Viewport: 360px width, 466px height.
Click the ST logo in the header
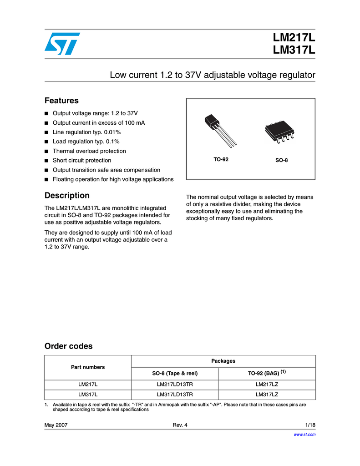pos(62,44)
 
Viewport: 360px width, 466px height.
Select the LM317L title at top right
pos(294,51)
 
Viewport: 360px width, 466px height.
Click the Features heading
pos(61,101)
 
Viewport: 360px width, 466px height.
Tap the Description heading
pos(67,196)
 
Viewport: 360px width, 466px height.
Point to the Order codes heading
pos(68,346)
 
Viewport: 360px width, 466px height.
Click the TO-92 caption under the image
pos(221,160)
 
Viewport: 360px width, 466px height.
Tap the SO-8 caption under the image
pos(281,161)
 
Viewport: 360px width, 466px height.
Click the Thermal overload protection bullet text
pos(89,151)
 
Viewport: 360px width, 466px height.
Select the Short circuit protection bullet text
pos(82,160)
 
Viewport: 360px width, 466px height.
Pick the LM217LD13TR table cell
pos(175,385)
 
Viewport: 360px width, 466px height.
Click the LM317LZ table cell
pos(267,394)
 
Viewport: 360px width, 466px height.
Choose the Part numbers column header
pos(87,367)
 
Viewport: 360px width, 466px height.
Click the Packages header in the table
pos(223,360)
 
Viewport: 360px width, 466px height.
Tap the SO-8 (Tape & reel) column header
pos(175,373)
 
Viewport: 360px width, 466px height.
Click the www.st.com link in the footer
pos(305,434)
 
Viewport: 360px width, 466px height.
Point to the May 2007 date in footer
pos(56,425)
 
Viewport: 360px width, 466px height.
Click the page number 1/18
pos(310,425)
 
